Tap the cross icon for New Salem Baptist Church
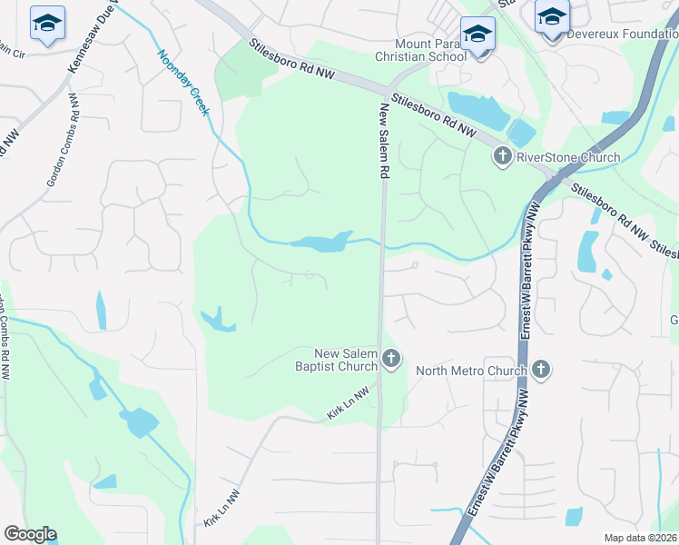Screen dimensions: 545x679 pos(391,360)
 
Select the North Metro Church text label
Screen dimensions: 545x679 pos(471,370)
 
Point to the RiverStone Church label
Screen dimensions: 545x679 pos(568,157)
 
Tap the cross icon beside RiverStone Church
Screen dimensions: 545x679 pos(502,157)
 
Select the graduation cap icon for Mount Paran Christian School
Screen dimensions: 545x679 pos(477,35)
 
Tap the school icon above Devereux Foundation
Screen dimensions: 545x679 pos(551,17)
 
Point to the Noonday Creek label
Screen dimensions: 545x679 pos(184,82)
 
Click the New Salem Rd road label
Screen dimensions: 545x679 pos(384,140)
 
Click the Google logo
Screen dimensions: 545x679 pos(30,534)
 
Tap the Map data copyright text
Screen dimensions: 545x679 pos(641,538)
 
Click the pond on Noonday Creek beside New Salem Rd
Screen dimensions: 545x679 pos(321,242)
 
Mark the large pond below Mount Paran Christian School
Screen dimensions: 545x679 pos(478,111)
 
